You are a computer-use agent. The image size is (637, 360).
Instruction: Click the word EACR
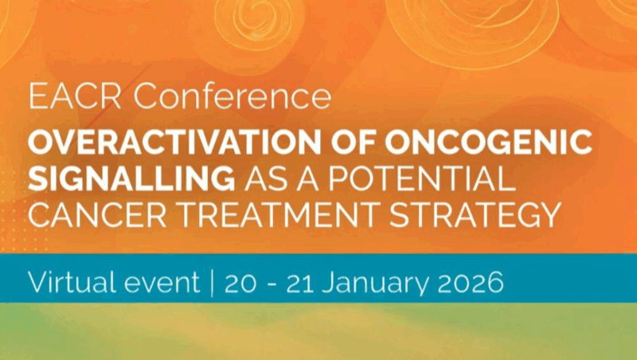click(75, 96)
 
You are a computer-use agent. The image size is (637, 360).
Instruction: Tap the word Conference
click(231, 96)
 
